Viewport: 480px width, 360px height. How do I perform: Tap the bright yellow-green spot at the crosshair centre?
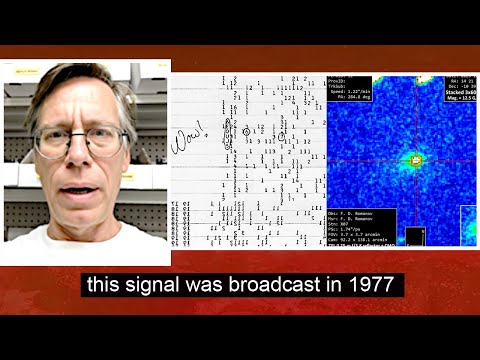pos(412,158)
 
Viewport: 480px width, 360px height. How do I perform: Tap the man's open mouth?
pos(81,190)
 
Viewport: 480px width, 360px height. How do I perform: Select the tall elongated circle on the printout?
pos(227,134)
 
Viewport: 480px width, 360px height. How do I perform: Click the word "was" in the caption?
pos(206,285)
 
